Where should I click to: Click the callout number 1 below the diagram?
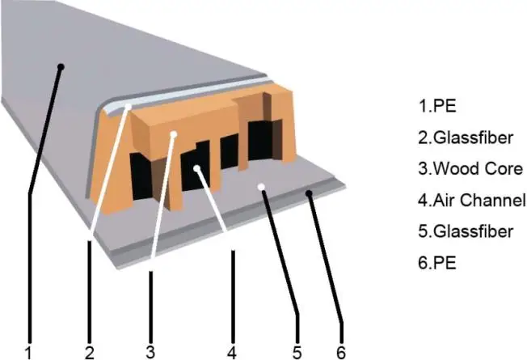point(28,352)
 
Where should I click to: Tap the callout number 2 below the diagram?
point(90,352)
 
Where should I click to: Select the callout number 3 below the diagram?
point(150,351)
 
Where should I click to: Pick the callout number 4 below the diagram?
point(232,352)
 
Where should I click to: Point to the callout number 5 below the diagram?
point(297,352)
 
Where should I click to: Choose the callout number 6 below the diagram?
point(339,352)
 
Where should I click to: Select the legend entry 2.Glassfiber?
point(466,138)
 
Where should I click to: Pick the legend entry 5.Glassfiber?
point(466,232)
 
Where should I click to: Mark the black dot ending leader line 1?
point(61,68)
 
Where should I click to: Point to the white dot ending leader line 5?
point(261,187)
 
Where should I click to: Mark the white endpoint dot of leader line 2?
point(129,105)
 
